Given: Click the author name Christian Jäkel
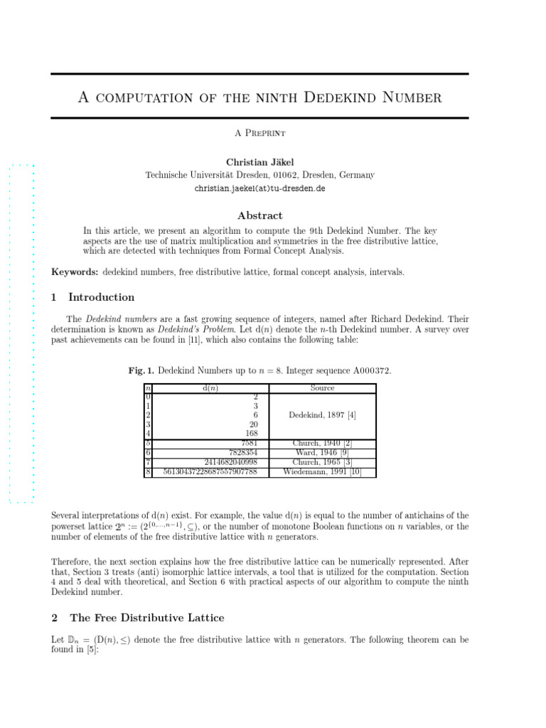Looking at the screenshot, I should [259, 162].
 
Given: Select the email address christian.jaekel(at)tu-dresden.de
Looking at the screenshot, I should [259, 189].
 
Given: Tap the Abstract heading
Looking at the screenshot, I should [259, 215].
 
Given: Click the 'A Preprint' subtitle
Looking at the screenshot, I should [259, 133].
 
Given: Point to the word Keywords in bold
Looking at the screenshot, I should [75, 272].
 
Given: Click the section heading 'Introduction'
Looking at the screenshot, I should [101, 297].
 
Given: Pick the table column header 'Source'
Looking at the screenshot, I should [322, 388].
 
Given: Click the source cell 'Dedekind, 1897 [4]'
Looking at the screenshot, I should [322, 414].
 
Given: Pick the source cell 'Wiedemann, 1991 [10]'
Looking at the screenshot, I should [322, 471].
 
